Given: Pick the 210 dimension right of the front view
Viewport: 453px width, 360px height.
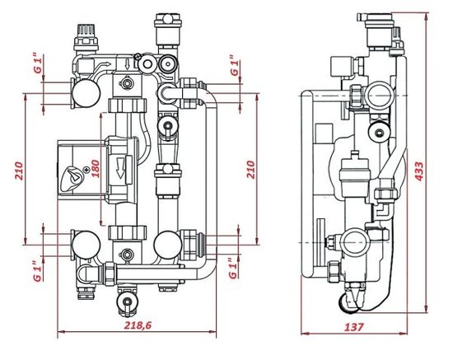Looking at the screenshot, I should pos(252,171).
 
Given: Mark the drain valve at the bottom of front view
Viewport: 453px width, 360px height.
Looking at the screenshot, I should pos(126,301).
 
